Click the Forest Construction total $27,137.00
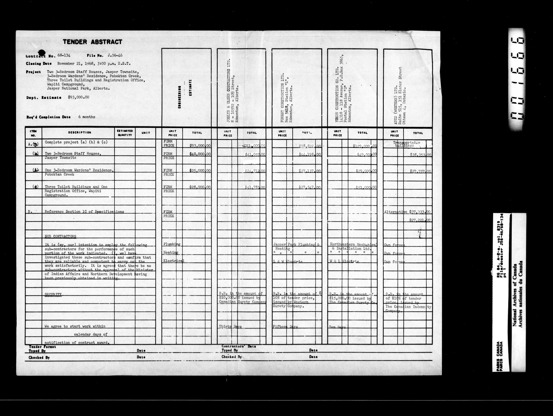pos(310,171)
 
